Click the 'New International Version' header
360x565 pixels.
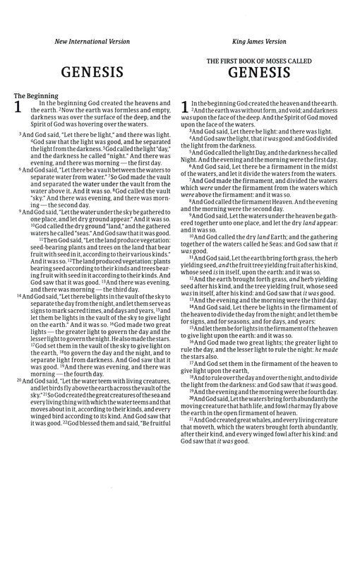tap(92, 42)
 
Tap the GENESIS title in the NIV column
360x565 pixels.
tap(92, 71)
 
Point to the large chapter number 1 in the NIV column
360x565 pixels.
tap(18, 108)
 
